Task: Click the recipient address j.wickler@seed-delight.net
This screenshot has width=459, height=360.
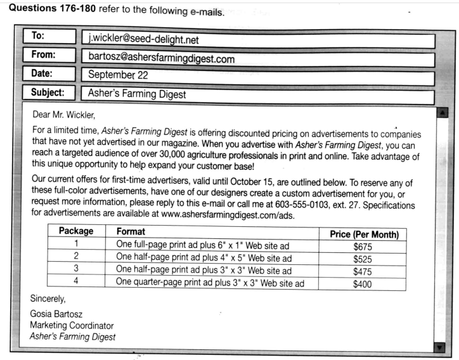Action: coord(143,41)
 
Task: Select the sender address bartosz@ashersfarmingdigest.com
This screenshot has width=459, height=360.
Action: coord(161,59)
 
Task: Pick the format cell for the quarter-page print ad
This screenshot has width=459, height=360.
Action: coord(210,283)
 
